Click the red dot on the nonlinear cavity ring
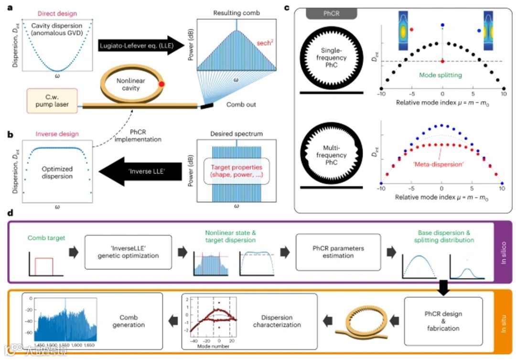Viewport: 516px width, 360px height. coord(162,84)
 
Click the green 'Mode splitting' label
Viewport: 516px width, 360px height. coord(436,75)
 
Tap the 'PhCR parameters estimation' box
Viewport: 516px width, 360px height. coord(338,252)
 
